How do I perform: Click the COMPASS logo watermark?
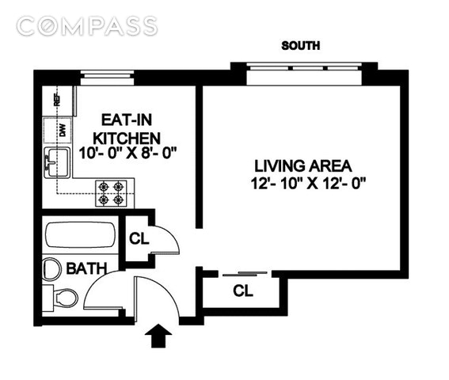tap(87, 26)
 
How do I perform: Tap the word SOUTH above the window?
tap(300, 46)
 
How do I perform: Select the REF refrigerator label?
tap(57, 100)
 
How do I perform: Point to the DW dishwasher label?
tap(63, 131)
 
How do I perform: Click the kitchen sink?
tap(57, 162)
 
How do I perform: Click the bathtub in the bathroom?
tap(81, 235)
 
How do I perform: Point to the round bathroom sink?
tap(51, 269)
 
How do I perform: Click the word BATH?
tap(86, 269)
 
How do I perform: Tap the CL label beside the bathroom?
tap(139, 238)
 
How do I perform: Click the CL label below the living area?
tap(243, 291)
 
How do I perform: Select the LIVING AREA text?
tap(303, 166)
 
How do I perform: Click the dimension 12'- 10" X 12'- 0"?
tap(309, 184)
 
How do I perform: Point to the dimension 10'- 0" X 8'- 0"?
tap(127, 154)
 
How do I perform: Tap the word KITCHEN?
tap(127, 139)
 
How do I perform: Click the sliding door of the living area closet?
tap(245, 274)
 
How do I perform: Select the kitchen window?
tap(107, 78)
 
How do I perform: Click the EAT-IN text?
tap(127, 120)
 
